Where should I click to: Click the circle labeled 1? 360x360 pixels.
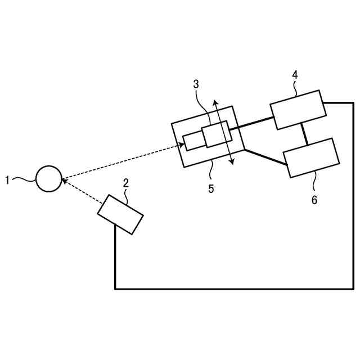[x=48, y=179]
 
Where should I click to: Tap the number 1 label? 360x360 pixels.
[x=7, y=180]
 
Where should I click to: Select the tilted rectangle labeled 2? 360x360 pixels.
[x=120, y=214]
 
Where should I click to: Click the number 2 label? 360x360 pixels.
[x=125, y=183]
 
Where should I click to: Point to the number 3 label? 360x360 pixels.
[x=196, y=84]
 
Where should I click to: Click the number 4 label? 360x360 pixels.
[x=294, y=75]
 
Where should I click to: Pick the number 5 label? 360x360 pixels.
[x=211, y=189]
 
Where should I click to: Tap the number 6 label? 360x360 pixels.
[x=314, y=200]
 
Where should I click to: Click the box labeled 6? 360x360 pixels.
[x=311, y=158]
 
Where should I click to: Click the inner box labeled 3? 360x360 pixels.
[x=216, y=134]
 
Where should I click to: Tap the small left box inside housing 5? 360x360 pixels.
[x=193, y=142]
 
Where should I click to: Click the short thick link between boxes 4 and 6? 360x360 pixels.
[x=304, y=134]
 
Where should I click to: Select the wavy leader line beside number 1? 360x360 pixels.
[x=22, y=180]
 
